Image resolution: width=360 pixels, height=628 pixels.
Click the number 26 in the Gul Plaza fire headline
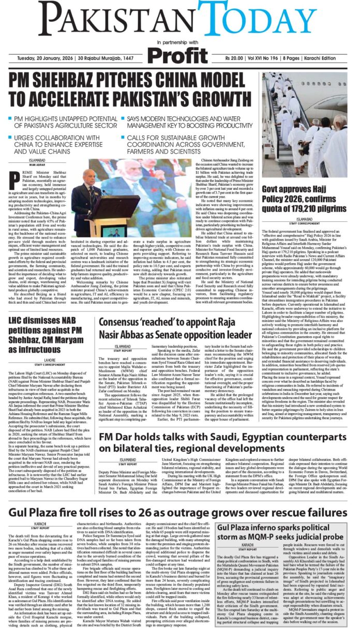[133, 512]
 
